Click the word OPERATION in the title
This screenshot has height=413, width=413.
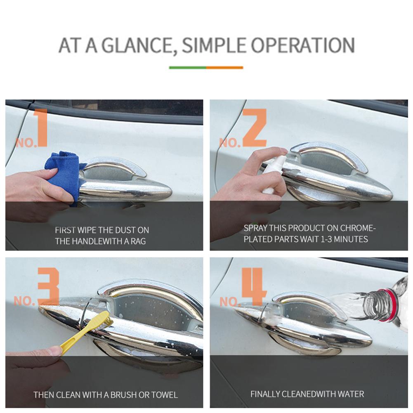click(303, 45)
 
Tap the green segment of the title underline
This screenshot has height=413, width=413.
click(188, 68)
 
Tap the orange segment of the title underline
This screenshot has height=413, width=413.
click(224, 68)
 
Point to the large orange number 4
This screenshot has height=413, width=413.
click(253, 286)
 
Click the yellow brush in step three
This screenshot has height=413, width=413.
click(83, 332)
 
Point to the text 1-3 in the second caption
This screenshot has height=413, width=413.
click(329, 239)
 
